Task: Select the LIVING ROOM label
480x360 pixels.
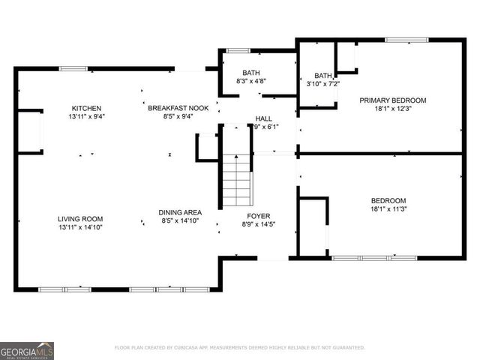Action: point(80,218)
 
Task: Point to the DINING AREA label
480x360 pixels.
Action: point(180,212)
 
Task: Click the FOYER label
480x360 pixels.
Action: point(258,215)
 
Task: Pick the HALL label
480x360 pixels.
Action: point(264,118)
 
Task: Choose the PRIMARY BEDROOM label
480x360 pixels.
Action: point(392,100)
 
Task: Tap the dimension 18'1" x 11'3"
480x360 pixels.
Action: point(388,210)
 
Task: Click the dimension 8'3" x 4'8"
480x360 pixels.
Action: point(251,81)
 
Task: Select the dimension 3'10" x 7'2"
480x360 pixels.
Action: point(323,84)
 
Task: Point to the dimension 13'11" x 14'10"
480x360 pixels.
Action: point(80,226)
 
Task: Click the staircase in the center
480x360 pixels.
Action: point(236,181)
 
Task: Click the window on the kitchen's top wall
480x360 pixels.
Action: point(73,69)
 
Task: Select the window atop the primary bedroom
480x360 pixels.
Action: point(406,40)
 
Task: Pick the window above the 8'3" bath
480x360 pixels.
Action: point(238,51)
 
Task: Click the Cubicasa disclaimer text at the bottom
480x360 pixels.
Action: point(239,348)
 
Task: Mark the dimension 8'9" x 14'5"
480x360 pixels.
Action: point(258,224)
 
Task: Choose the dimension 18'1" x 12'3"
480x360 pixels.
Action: point(392,109)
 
